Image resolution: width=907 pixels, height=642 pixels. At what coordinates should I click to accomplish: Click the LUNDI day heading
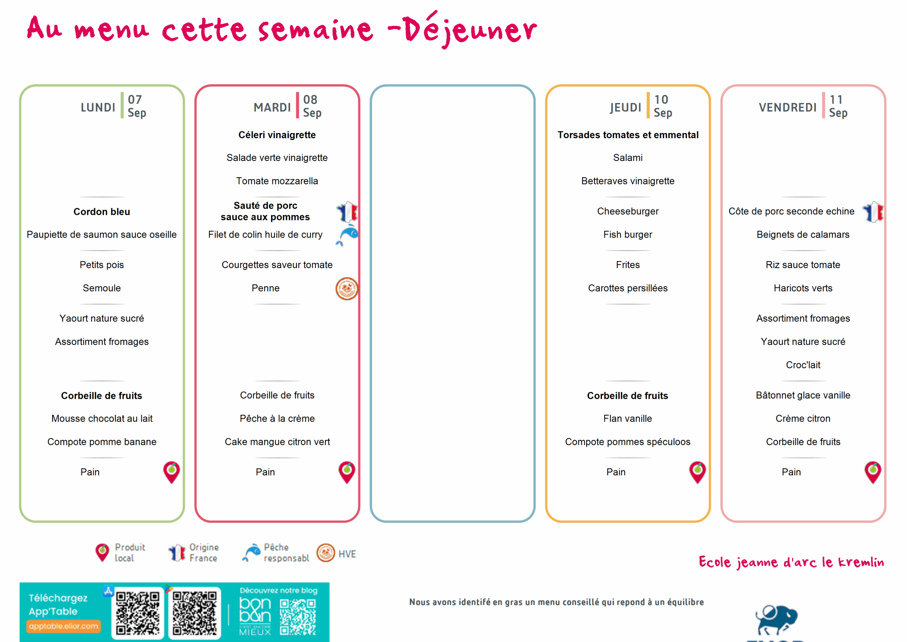(x=98, y=107)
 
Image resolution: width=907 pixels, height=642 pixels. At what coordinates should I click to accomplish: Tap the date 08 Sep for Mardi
(x=312, y=106)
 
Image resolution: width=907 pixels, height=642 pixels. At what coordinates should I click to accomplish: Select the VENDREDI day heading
(x=787, y=107)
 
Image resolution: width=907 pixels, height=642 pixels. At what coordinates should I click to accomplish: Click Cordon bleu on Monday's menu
(x=102, y=212)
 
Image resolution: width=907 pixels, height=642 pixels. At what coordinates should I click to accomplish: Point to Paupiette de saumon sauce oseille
(x=102, y=234)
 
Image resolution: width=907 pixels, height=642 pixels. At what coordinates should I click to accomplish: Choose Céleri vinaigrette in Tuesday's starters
(x=277, y=135)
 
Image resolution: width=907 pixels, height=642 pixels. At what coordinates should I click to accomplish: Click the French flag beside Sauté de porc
(x=347, y=212)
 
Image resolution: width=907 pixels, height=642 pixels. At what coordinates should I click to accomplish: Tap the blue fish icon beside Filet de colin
(x=347, y=235)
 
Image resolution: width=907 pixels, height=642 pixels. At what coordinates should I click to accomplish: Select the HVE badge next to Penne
(x=347, y=289)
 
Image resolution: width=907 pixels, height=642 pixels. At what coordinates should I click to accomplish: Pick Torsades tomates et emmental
(x=628, y=135)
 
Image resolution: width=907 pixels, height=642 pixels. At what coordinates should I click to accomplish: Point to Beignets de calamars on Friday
(x=803, y=234)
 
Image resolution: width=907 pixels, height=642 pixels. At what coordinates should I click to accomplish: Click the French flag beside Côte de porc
(x=873, y=212)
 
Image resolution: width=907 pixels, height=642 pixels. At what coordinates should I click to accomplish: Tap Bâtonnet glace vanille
(x=803, y=395)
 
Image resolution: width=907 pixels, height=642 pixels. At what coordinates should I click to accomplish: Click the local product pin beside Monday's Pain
(x=171, y=472)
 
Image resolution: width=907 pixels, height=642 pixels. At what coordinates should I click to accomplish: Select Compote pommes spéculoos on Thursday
(x=628, y=442)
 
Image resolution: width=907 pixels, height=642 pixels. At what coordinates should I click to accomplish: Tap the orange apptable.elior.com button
(x=63, y=626)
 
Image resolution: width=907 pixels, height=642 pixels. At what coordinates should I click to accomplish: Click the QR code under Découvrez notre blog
(x=298, y=617)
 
